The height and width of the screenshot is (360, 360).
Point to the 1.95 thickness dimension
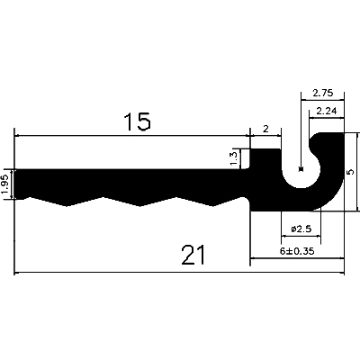(6, 184)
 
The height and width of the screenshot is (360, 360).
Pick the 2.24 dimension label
(327, 112)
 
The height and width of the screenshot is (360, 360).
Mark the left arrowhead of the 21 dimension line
(18, 273)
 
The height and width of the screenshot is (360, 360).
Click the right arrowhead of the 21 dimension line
(342, 273)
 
